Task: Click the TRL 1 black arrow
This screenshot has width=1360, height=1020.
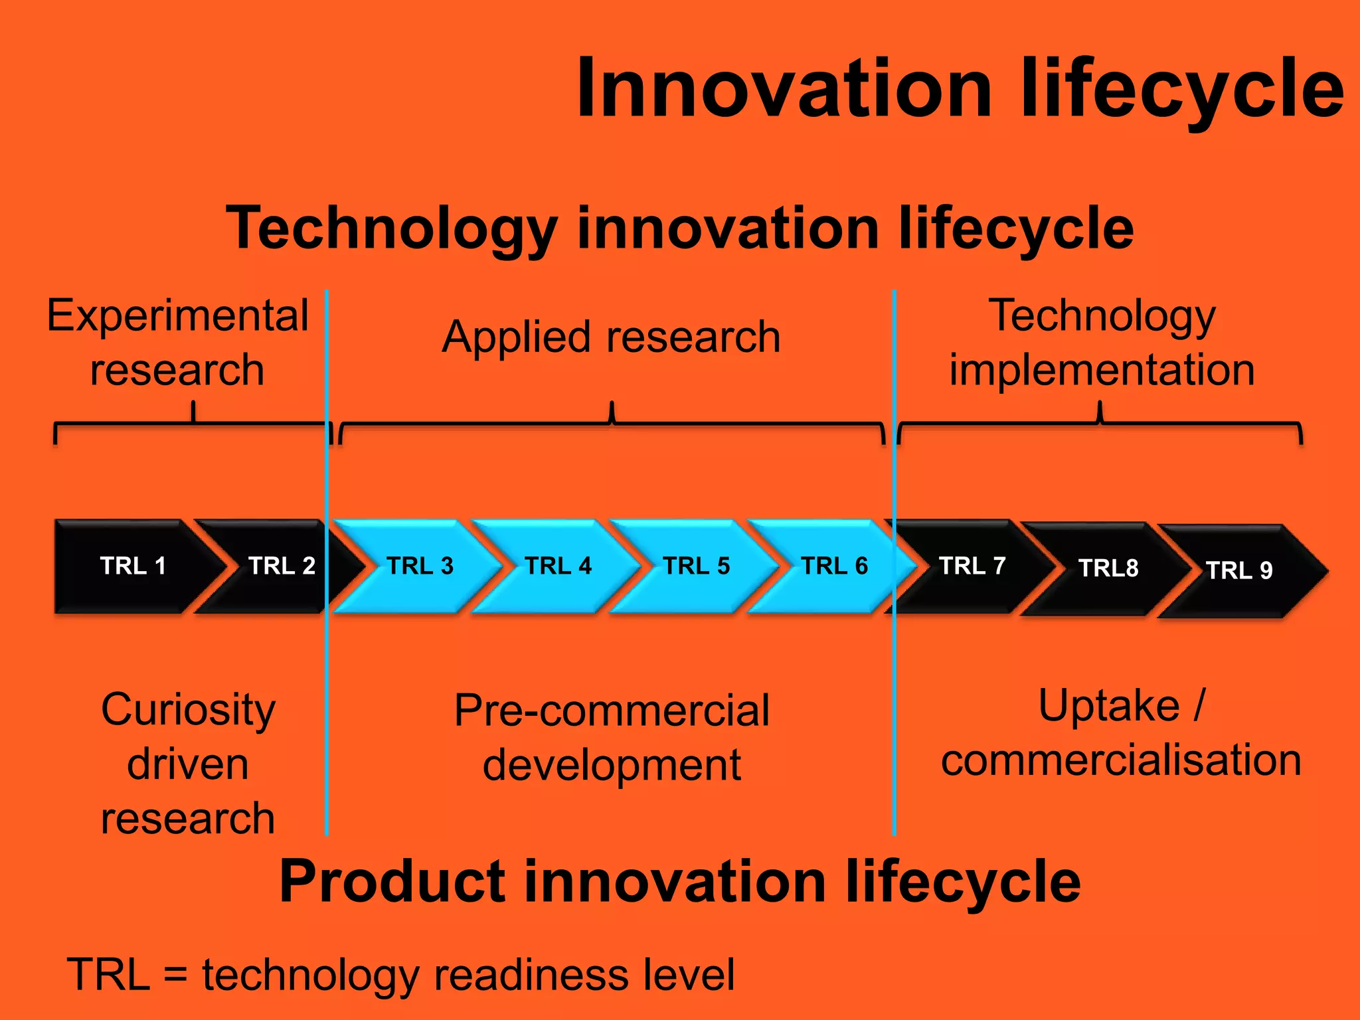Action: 133,566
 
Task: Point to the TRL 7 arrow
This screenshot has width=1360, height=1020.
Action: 972,566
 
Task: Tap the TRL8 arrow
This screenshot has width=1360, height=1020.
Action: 1108,568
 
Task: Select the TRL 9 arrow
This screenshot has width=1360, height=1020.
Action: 1238,570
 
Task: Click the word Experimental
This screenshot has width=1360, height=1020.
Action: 178,316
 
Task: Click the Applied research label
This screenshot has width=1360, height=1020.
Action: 611,337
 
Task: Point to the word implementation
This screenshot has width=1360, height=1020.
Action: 1102,370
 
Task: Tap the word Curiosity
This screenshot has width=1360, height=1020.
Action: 188,710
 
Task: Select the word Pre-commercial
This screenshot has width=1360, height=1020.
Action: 612,711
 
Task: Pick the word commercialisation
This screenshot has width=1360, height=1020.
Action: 1121,760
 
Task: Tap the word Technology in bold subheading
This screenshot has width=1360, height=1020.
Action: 391,228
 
